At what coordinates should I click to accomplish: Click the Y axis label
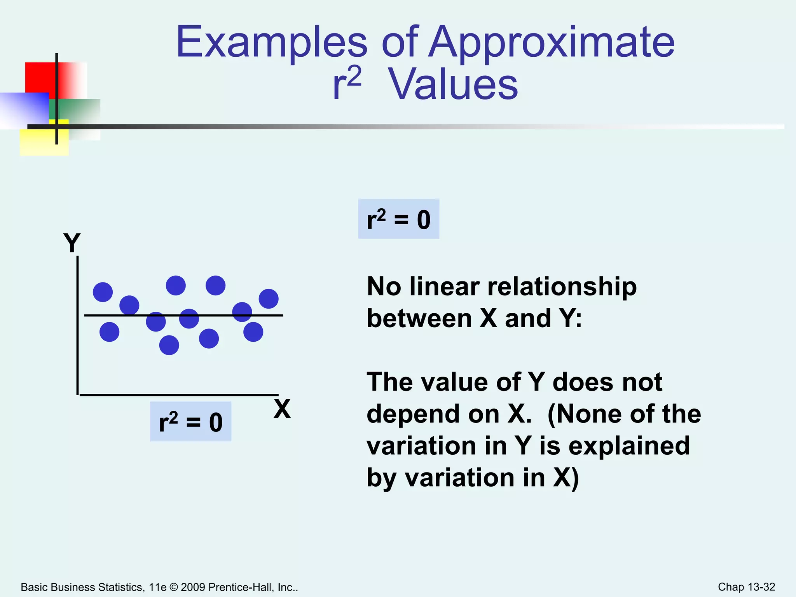pos(72,243)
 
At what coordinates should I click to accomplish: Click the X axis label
pos(282,409)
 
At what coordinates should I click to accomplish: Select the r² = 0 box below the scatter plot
pos(190,422)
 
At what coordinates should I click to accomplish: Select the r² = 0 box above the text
pos(398,219)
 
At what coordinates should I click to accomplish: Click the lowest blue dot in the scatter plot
pos(169,345)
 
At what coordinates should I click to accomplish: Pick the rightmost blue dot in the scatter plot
pos(269,299)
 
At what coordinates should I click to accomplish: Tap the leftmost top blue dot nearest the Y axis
pos(103,292)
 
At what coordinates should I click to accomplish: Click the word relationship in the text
pos(562,287)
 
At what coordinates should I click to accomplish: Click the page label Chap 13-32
pos(746,587)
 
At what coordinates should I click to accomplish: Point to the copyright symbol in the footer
pos(174,587)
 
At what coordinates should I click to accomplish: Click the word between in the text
pos(419,319)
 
